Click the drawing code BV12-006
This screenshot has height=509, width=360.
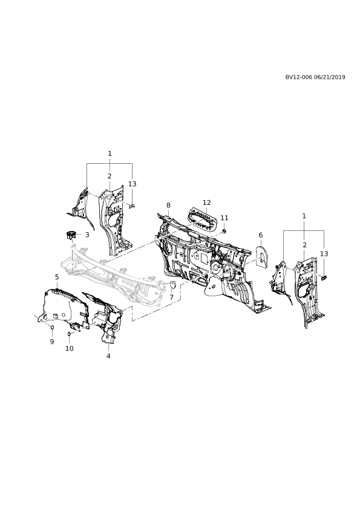click(299, 77)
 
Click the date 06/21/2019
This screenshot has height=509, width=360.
click(330, 77)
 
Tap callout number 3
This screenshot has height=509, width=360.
click(87, 235)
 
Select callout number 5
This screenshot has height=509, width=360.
click(57, 277)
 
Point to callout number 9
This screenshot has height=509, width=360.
click(52, 342)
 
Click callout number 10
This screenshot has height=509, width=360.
click(70, 348)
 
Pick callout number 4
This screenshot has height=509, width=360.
click(108, 356)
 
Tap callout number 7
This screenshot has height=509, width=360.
click(172, 297)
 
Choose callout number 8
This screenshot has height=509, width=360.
click(168, 205)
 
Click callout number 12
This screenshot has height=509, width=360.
click(207, 203)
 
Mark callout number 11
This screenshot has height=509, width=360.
click(224, 218)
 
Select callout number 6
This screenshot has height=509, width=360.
click(261, 235)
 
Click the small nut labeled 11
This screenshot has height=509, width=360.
click(224, 231)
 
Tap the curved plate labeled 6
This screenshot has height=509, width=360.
click(261, 256)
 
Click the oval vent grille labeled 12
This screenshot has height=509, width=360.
click(203, 220)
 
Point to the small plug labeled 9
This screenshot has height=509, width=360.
click(52, 327)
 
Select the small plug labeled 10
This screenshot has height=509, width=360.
click(69, 334)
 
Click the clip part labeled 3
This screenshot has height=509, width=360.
click(71, 235)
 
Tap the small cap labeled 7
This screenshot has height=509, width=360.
click(172, 285)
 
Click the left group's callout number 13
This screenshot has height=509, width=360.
click(133, 184)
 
